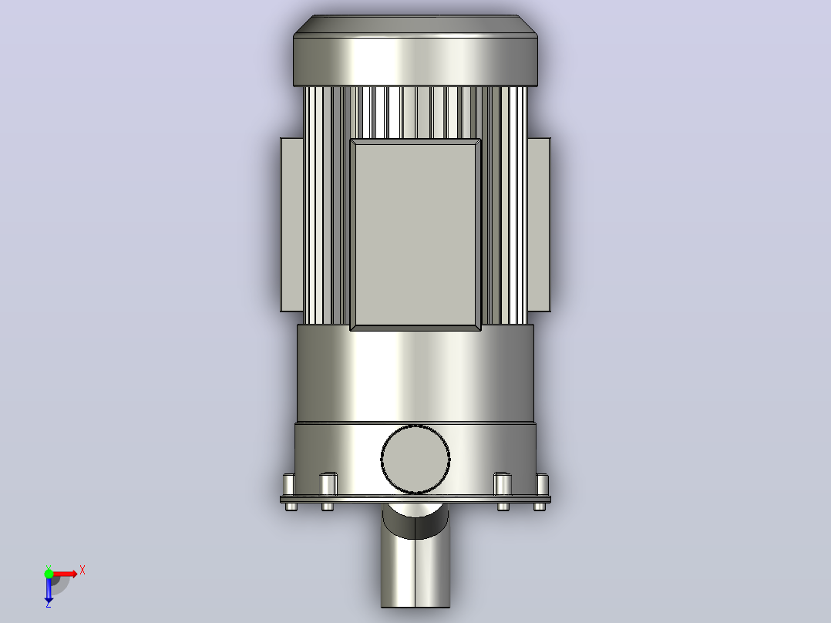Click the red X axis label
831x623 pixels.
(82, 571)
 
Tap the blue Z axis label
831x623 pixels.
(49, 604)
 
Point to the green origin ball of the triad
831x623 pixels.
(49, 574)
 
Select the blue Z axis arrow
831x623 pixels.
(49, 588)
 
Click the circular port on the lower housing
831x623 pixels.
(415, 460)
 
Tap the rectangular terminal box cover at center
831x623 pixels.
(415, 234)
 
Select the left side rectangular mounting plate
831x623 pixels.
(291, 224)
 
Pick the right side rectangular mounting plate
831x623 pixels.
(539, 224)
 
